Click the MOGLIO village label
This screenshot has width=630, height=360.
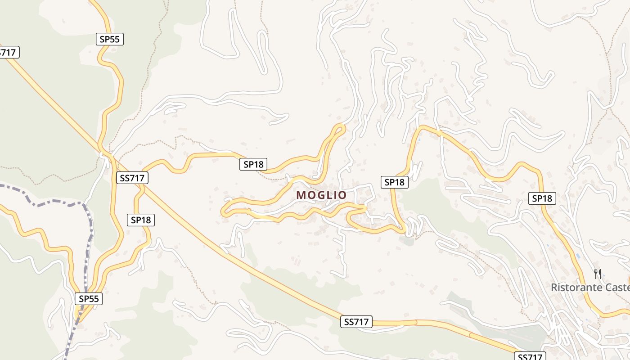pos(321,195)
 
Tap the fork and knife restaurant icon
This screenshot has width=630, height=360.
pos(598,274)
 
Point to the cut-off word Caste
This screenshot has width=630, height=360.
pos(616,287)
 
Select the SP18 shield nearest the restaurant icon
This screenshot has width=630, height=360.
pos(542,198)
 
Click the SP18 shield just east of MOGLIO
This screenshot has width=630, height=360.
pos(395,182)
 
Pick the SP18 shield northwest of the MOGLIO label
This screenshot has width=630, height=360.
pos(253,164)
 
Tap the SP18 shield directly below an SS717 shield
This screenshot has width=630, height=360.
pos(141,220)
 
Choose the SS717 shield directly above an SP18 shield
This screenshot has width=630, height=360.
pos(132,178)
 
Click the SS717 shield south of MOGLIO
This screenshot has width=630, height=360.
pos(356,322)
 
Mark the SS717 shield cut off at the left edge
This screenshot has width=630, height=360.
pos(8,52)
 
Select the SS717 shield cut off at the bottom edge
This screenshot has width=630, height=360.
pos(530,356)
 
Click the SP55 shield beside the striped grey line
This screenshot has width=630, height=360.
pos(89,298)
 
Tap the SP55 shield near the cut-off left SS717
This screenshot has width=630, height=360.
pos(109,39)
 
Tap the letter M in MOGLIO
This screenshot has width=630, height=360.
pos(301,195)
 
